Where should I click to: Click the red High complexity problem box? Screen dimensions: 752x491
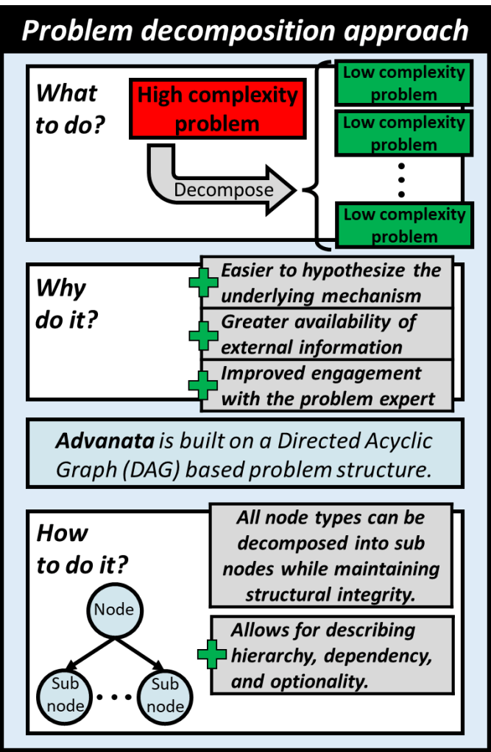[218, 109]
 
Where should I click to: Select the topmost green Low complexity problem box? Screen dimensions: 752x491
[403, 83]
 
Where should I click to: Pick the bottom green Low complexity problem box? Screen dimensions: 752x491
[403, 225]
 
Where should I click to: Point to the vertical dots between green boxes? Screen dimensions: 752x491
[402, 179]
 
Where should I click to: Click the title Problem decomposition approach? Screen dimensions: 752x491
[244, 30]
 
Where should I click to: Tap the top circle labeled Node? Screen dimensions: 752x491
[114, 609]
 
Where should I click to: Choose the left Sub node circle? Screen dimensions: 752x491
[63, 695]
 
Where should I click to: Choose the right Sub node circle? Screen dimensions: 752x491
[165, 695]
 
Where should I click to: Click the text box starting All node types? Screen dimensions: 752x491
[331, 555]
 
